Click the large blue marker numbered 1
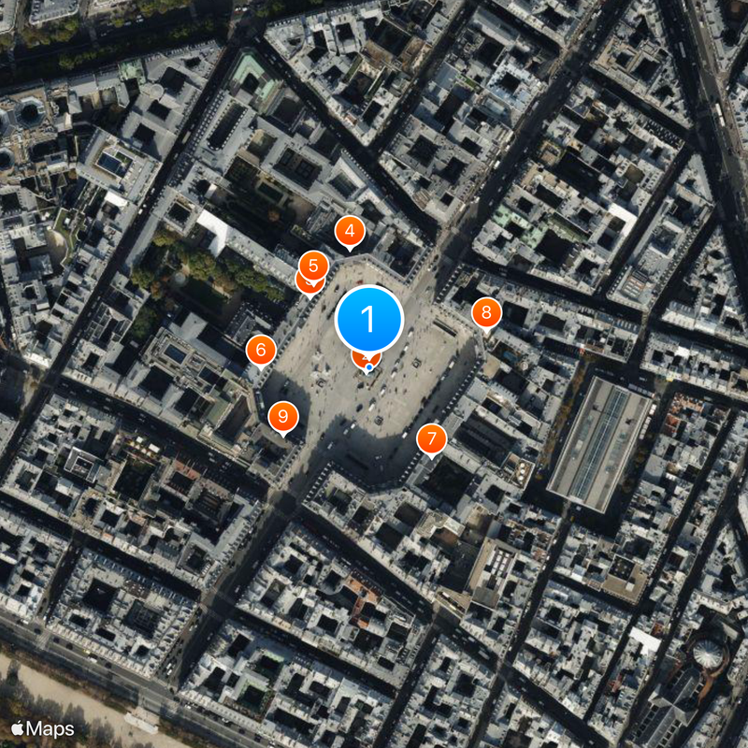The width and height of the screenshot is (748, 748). point(368,320)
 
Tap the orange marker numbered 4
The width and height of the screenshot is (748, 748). point(350,231)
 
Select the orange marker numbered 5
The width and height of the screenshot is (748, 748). point(313,266)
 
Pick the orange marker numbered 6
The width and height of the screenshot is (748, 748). point(261,351)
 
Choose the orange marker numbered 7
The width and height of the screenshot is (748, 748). point(431,439)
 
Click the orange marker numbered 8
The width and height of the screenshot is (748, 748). point(486,312)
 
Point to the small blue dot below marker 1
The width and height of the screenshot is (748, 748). point(369,367)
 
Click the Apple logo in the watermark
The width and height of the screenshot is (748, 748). point(18,727)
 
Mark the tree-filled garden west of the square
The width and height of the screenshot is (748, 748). point(201,266)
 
